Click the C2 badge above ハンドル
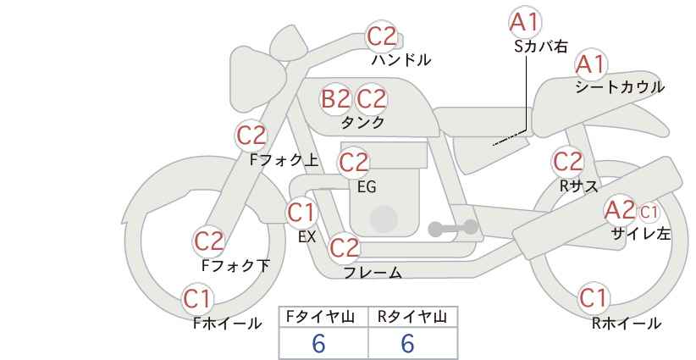click(x=382, y=36)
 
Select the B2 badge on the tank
click(x=335, y=98)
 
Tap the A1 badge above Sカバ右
click(x=525, y=22)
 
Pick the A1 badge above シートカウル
click(x=590, y=64)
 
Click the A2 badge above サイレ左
click(x=620, y=210)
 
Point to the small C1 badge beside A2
click(x=648, y=213)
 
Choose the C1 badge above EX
click(x=301, y=213)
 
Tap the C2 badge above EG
click(x=354, y=163)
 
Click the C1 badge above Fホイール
click(x=196, y=299)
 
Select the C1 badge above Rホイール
click(x=593, y=297)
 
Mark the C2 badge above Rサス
click(x=567, y=162)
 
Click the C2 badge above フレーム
click(x=345, y=247)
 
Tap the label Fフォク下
click(x=235, y=265)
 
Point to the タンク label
click(x=362, y=122)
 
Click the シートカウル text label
click(x=620, y=87)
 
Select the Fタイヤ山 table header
click(x=320, y=317)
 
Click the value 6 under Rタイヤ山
click(x=407, y=343)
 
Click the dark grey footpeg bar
click(x=453, y=228)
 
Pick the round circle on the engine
click(x=384, y=219)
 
